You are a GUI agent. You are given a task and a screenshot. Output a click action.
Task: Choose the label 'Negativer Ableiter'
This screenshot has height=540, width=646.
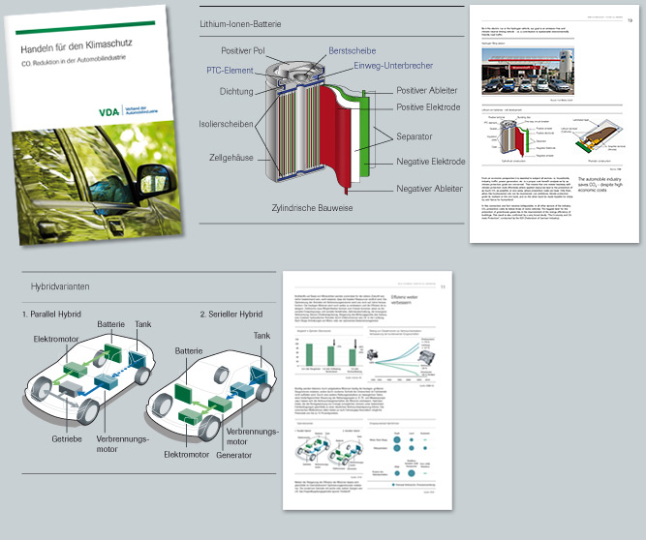(430, 190)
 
